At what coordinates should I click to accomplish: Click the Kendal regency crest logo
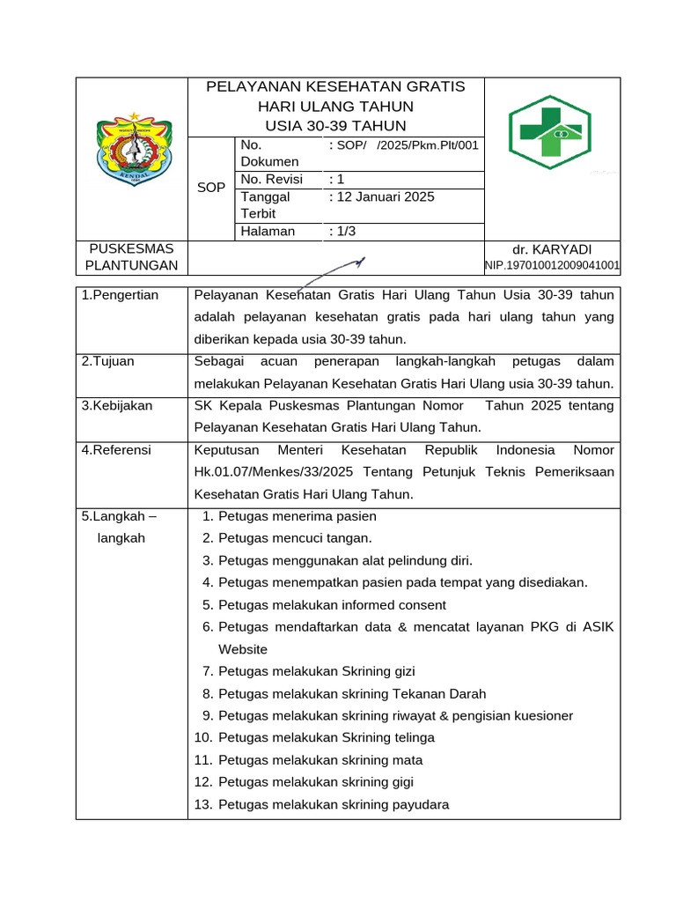coord(132,149)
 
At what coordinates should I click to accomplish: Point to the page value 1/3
coord(346,231)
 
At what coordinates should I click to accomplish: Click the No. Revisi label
coord(271,180)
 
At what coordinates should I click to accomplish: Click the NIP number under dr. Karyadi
coord(552,265)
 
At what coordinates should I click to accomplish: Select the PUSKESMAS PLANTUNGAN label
coord(131,257)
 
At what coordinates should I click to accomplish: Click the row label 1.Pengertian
coord(121,295)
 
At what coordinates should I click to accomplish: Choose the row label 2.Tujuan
coord(108,361)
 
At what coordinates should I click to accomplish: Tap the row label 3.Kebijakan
coord(117,406)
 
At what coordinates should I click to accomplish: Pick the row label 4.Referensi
coord(116,450)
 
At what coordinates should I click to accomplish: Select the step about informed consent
coord(332,605)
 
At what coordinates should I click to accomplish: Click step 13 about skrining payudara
coord(333,804)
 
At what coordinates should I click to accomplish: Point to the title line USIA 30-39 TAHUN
coord(335,126)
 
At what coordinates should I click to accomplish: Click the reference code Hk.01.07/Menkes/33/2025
coord(272,472)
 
